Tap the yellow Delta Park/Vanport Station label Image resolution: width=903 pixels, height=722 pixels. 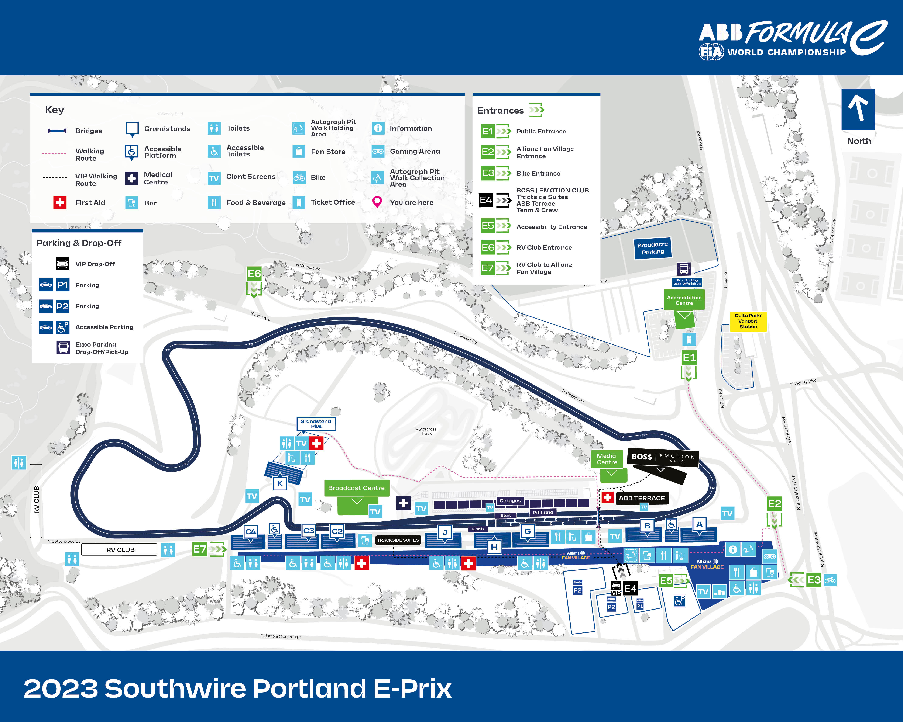tap(748, 321)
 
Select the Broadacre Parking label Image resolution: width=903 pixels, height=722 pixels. tap(653, 248)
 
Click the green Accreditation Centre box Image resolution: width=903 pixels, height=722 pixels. tap(684, 300)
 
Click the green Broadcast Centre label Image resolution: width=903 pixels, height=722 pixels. tap(356, 488)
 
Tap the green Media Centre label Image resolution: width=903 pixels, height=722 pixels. tap(607, 459)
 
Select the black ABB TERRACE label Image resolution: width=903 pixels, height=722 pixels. tap(642, 498)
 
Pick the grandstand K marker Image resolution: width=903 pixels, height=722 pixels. tap(280, 483)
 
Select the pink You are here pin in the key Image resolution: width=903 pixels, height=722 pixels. tap(377, 202)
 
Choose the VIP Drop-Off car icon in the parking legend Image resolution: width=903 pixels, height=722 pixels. tap(62, 264)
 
